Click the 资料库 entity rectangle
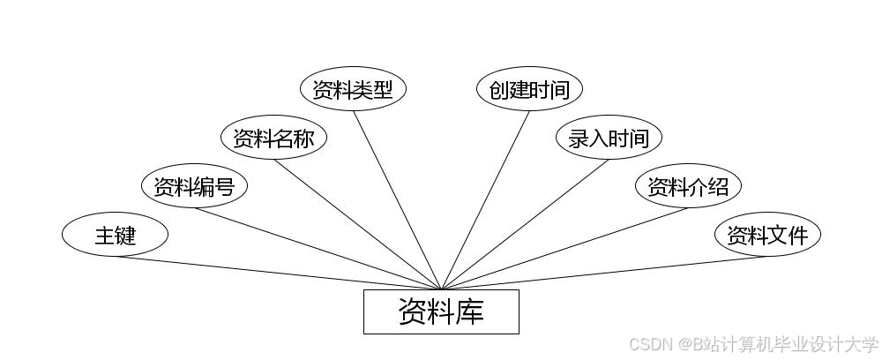tap(441, 311)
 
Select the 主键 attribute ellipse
tap(115, 235)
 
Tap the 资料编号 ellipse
tap(194, 186)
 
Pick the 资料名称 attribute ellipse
tap(273, 138)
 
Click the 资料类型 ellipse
tap(353, 89)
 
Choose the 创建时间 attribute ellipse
tap(529, 89)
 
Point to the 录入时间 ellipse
tap(609, 138)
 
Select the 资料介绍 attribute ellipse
tap(688, 186)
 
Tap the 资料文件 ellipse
tap(767, 235)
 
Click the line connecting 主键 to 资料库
tap(278, 273)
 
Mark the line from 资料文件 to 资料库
tap(604, 273)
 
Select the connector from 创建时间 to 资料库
tap(485, 199)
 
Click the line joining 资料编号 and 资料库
tap(318, 248)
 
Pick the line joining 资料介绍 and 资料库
tap(564, 248)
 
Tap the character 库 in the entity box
tap(470, 311)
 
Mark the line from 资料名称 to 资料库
tap(357, 224)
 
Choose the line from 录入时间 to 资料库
tap(525, 224)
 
